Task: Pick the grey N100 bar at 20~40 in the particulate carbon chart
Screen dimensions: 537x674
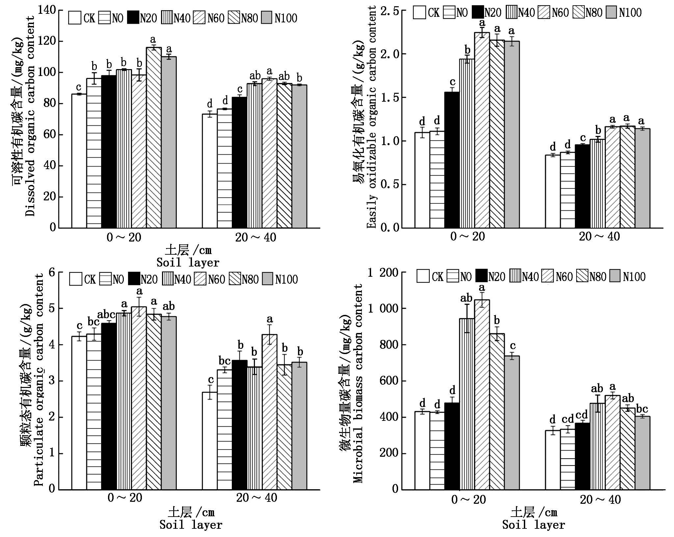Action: (x=299, y=426)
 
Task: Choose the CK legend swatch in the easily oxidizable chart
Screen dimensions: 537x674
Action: (x=419, y=13)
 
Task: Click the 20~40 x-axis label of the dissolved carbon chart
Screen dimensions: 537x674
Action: (x=256, y=237)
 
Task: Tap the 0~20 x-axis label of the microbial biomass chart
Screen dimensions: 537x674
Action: (x=468, y=500)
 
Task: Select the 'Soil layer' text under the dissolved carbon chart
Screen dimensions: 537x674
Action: (x=188, y=263)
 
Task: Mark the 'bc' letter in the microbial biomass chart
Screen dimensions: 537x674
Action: (x=642, y=409)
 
